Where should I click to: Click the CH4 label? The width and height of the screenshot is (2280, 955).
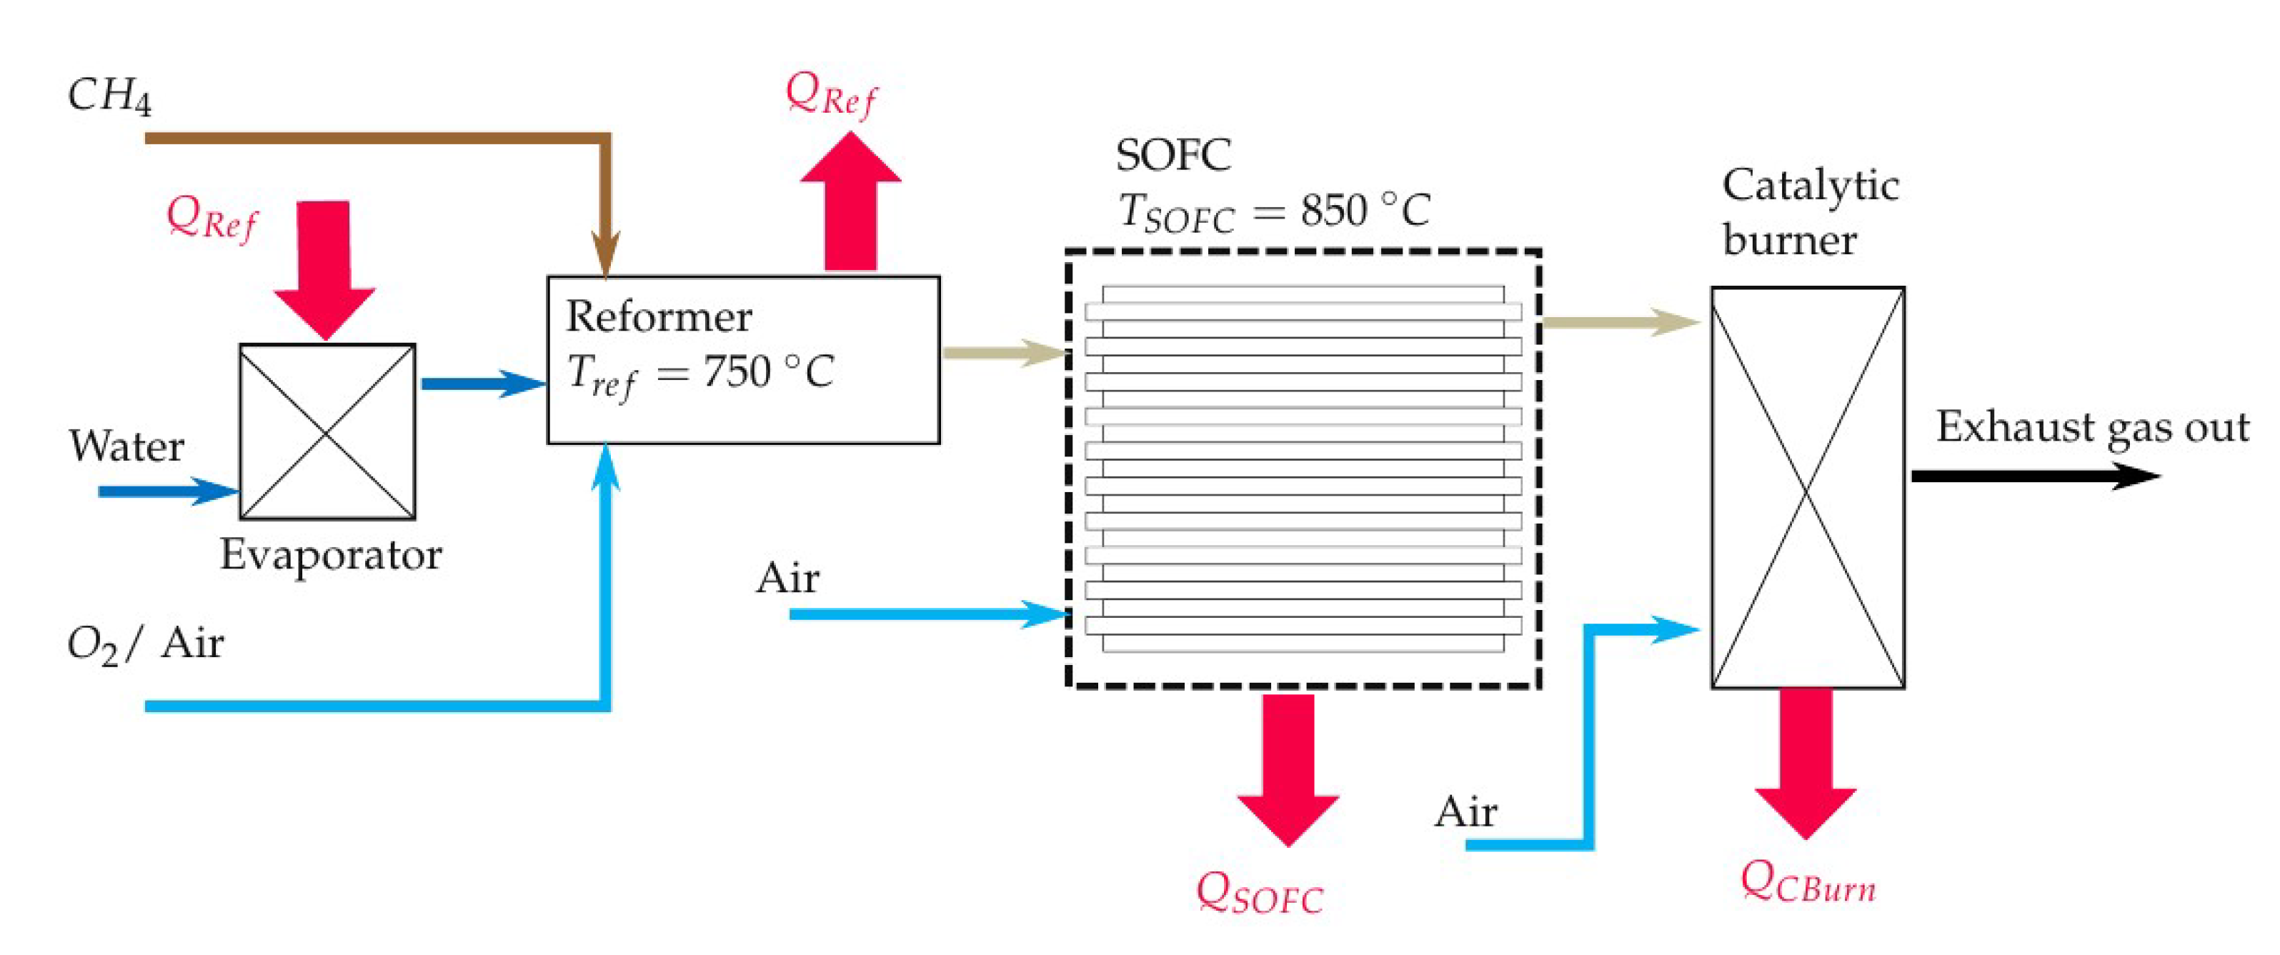point(108,96)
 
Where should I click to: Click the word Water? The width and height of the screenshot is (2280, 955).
point(126,446)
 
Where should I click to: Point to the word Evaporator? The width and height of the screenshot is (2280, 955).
point(330,556)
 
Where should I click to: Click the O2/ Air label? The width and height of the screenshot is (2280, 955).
point(145,644)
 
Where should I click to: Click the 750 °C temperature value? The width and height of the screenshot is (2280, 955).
point(768,371)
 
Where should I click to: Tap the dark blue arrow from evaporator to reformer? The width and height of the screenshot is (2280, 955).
point(482,384)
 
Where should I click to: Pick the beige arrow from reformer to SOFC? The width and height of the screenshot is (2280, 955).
point(1004,353)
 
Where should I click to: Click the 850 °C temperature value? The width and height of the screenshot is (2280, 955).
point(1364,211)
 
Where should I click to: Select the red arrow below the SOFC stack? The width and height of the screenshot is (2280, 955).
point(1288,766)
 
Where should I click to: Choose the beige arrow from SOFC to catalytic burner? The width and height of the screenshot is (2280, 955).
point(1619,322)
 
